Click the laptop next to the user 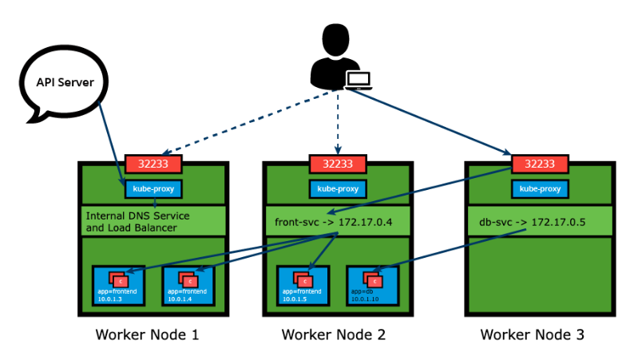(x=359, y=79)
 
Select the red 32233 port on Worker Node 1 (x=153, y=164)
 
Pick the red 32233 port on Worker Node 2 (x=338, y=164)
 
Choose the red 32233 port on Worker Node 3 (x=539, y=164)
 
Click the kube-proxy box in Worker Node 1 (x=153, y=189)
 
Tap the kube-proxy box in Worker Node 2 (x=338, y=189)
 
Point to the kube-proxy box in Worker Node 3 (x=539, y=189)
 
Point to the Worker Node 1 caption (x=147, y=334)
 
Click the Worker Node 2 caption (x=334, y=334)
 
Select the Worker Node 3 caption (x=532, y=334)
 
